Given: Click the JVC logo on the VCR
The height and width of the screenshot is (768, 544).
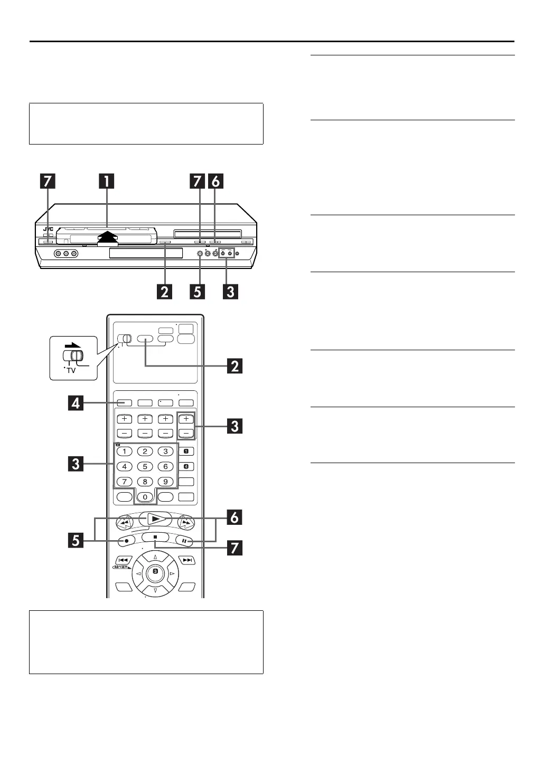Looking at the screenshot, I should tap(48, 229).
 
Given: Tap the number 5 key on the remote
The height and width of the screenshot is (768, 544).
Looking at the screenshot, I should tap(145, 466).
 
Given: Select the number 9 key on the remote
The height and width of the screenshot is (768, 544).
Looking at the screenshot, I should tap(165, 482).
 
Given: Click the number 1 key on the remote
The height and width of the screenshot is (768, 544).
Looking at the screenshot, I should tap(124, 451).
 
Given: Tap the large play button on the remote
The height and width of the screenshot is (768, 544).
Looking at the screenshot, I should tap(155, 519).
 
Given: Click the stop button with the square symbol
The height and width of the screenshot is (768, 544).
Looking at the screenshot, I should tap(155, 537).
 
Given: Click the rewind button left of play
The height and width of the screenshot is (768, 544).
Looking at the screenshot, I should tap(124, 523).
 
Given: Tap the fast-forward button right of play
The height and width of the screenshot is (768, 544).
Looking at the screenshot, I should tap(186, 523).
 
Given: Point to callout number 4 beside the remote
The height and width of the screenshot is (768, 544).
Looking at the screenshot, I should tap(76, 404).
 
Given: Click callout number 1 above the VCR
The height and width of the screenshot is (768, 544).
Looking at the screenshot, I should tap(107, 181).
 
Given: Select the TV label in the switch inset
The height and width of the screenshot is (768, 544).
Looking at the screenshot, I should tap(71, 370).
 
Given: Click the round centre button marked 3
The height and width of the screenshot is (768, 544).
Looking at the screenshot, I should tap(155, 571).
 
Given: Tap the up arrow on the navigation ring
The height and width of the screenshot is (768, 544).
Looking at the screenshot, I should tap(155, 557).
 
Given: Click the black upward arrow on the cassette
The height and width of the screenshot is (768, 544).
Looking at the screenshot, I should tap(107, 237).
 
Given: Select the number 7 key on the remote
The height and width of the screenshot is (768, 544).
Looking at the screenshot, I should tap(124, 482).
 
